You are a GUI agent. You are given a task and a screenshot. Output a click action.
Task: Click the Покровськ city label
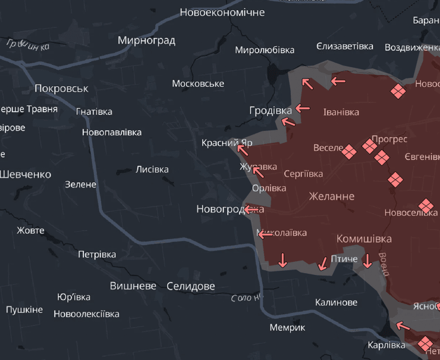tap(61, 89)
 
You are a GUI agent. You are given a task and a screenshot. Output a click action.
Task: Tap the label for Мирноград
tap(146, 40)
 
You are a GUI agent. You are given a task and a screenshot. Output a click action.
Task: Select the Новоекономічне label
tap(222, 12)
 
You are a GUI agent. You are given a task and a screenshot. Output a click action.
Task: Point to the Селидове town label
tap(190, 286)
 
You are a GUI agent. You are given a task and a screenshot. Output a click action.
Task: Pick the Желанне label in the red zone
tap(331, 196)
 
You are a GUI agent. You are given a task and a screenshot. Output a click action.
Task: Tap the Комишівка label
tap(364, 239)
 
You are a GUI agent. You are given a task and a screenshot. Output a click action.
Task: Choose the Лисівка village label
tap(152, 170)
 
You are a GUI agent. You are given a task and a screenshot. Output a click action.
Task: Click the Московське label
tap(198, 84)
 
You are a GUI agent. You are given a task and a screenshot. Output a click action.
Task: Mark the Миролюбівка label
tap(265, 50)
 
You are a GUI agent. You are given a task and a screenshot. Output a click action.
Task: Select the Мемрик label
tap(287, 328)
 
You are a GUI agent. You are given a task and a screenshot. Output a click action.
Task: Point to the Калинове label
tap(336, 302)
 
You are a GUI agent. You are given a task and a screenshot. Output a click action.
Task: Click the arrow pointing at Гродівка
tap(303, 108)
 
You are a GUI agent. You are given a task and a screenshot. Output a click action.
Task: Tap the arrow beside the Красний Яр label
tap(243, 145)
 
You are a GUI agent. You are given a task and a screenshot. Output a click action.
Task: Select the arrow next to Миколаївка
tap(265, 234)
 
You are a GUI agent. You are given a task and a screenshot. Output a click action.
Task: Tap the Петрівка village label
tap(97, 255)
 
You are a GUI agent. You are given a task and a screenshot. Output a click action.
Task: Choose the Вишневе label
tap(133, 286)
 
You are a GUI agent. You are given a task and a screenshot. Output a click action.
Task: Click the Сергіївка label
tap(303, 174)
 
